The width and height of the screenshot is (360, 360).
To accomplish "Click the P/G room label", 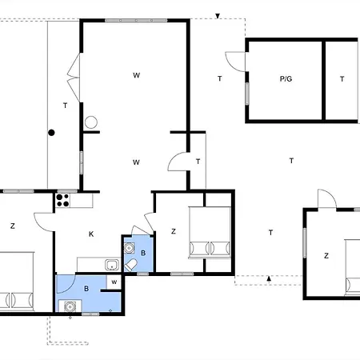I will (x=286, y=79).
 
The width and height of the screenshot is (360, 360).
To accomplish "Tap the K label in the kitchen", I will (x=91, y=234).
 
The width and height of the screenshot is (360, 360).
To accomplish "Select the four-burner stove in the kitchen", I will (x=63, y=202).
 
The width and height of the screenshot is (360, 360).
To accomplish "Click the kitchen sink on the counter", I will (x=112, y=265).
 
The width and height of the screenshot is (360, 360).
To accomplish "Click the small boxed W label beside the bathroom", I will (x=114, y=282).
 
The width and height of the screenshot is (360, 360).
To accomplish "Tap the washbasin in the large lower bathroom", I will (x=70, y=305).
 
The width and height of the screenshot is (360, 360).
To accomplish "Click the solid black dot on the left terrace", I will (x=50, y=133).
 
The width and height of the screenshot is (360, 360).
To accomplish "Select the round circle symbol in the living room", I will (x=90, y=122).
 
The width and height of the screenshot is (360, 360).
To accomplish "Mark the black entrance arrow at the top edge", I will (x=218, y=15).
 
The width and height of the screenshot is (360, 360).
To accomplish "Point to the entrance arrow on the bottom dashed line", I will (x=269, y=279).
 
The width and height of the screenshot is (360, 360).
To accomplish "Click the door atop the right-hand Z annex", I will (x=325, y=199).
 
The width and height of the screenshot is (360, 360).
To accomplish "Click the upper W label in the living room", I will (x=137, y=75).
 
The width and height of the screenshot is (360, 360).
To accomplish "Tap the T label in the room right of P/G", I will (x=342, y=79).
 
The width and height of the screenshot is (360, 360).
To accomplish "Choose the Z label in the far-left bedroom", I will (x=13, y=226).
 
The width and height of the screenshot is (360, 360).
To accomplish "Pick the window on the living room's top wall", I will (x=124, y=20).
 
